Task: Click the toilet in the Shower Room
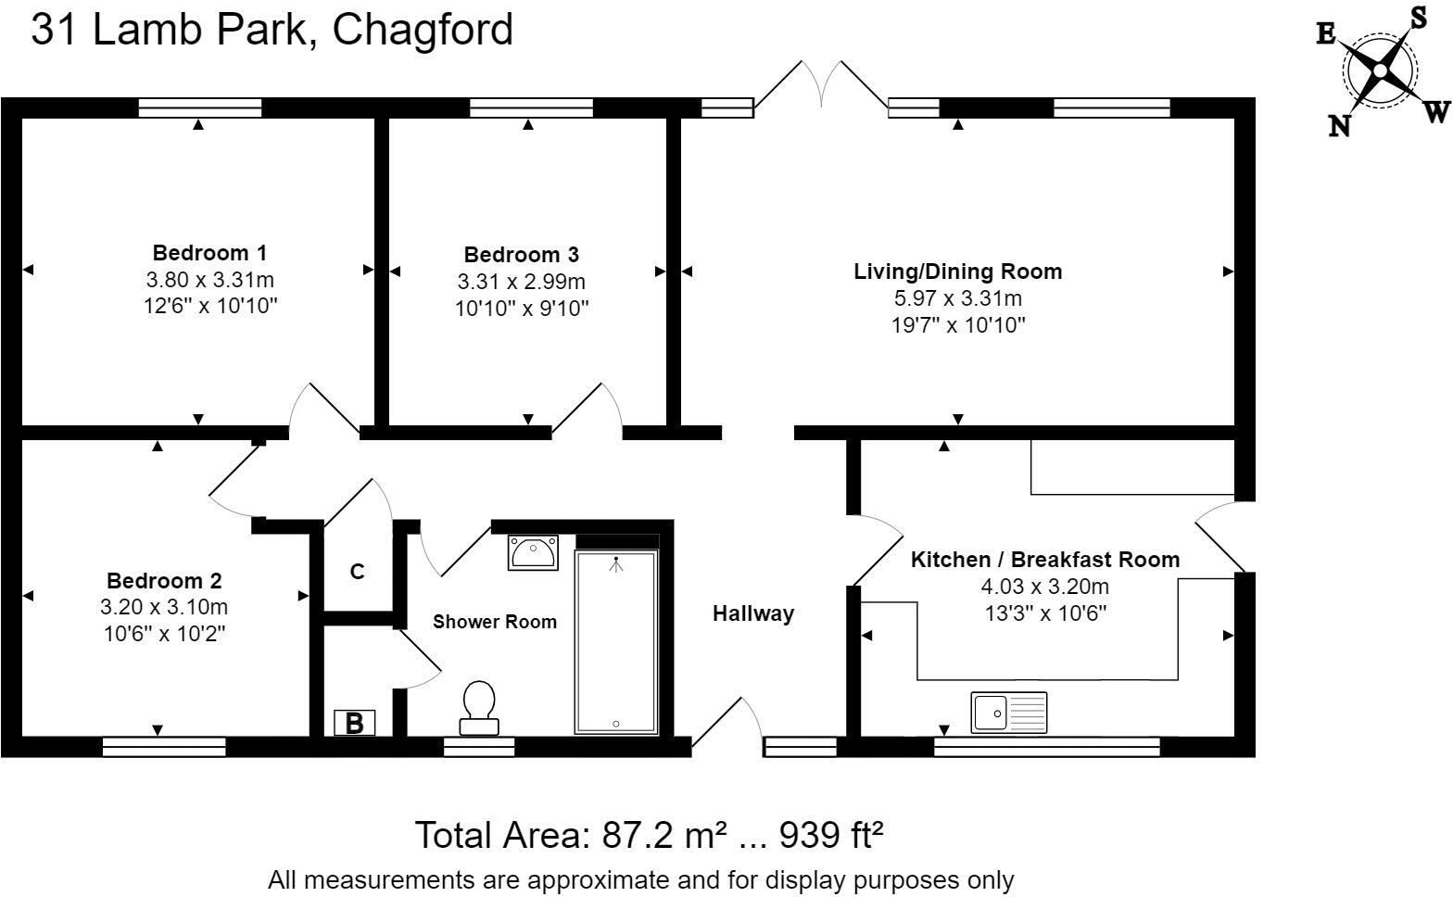pyautogui.click(x=479, y=708)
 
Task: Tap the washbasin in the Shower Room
pyautogui.click(x=533, y=552)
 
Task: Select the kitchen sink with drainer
pyautogui.click(x=1008, y=713)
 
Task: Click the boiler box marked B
pyautogui.click(x=354, y=723)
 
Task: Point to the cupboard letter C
pyautogui.click(x=357, y=572)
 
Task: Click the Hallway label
pyautogui.click(x=753, y=613)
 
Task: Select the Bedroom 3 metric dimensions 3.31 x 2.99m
pyautogui.click(x=522, y=282)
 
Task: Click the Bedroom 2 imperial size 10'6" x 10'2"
pyautogui.click(x=164, y=633)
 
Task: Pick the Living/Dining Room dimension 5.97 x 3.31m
pyautogui.click(x=958, y=297)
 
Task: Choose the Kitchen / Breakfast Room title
pyautogui.click(x=1045, y=559)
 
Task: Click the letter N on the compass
pyautogui.click(x=1340, y=125)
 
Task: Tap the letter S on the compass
pyautogui.click(x=1419, y=18)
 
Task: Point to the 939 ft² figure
pyautogui.click(x=831, y=835)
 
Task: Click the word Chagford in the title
pyautogui.click(x=423, y=30)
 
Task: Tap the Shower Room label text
pyautogui.click(x=494, y=622)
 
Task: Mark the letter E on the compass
pyautogui.click(x=1326, y=33)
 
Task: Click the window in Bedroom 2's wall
pyautogui.click(x=164, y=747)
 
